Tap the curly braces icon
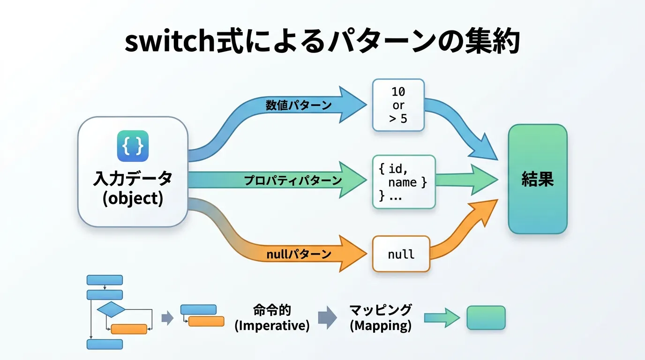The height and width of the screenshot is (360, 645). click(x=133, y=146)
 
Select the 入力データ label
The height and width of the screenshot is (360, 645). click(x=133, y=179)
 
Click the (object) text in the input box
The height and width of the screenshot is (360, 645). click(x=133, y=198)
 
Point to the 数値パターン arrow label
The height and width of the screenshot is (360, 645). click(x=299, y=105)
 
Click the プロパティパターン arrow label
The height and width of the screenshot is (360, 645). click(x=293, y=180)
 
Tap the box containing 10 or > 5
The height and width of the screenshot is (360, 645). click(x=398, y=105)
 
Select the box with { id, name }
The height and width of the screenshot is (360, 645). click(x=404, y=182)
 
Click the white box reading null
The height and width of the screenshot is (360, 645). click(x=401, y=254)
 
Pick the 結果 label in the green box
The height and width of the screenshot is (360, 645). click(x=538, y=180)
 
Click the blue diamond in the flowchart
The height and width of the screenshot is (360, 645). click(x=111, y=310)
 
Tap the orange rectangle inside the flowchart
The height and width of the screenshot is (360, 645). click(x=129, y=329)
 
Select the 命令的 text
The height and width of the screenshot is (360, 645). click(x=272, y=310)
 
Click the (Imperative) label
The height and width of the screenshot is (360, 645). click(x=272, y=326)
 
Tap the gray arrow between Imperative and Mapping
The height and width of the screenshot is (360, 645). click(x=327, y=318)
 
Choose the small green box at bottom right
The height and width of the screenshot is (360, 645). click(x=486, y=318)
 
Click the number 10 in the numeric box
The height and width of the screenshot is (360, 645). click(x=398, y=92)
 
